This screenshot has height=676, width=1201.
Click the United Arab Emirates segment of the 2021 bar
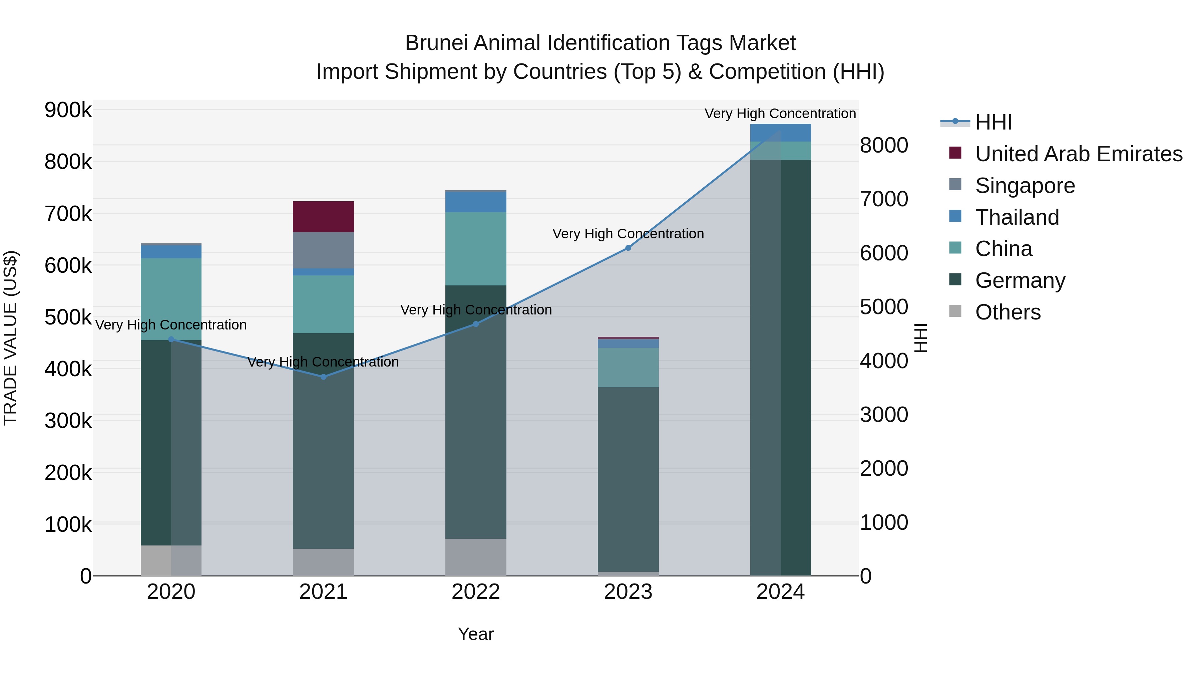323,216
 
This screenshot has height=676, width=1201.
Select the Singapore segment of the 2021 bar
323,250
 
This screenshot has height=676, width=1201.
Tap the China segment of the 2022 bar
475,249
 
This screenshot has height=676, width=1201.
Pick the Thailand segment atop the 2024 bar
780,133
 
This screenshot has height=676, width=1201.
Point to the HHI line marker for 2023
628,248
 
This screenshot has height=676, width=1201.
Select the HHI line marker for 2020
171,340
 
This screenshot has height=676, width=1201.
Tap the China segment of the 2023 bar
628,367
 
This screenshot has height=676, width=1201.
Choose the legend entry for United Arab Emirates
1078,154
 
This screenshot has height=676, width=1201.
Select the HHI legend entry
993,122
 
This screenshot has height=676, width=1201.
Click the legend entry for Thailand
1017,217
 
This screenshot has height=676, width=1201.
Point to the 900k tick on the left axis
68,110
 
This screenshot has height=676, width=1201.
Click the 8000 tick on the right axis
883,145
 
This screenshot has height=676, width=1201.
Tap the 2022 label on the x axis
475,592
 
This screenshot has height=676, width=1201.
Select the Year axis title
475,634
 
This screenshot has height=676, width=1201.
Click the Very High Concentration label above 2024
780,114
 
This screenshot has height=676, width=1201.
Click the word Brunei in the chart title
436,43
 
